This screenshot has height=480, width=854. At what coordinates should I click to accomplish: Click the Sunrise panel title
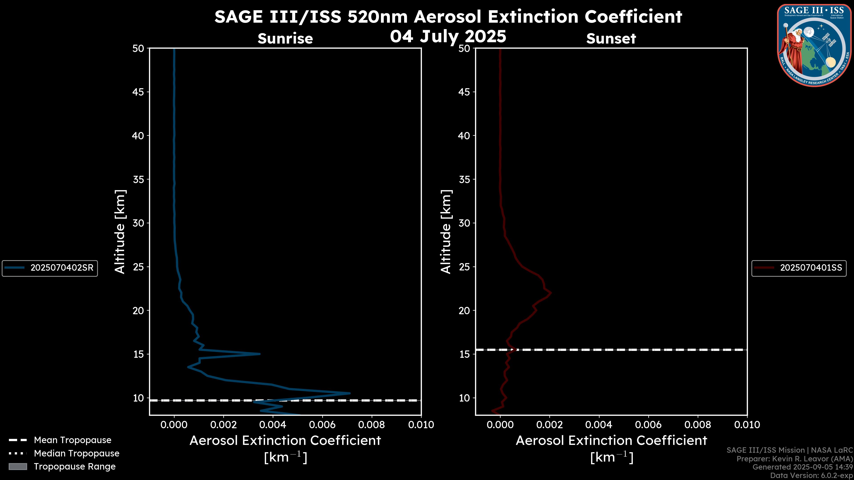click(285, 39)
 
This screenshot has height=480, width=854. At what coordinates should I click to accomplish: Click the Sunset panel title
click(611, 39)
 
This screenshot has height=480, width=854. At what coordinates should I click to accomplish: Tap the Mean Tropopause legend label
click(72, 440)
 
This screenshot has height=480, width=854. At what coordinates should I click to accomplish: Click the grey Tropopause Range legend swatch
click(18, 467)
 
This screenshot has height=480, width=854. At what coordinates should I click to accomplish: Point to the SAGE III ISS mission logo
click(814, 45)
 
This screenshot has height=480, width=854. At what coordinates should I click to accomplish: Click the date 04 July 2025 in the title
click(448, 36)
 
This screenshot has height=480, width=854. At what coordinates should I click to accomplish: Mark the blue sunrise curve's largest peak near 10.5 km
click(349, 393)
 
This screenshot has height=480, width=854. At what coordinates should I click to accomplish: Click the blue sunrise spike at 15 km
click(259, 354)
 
